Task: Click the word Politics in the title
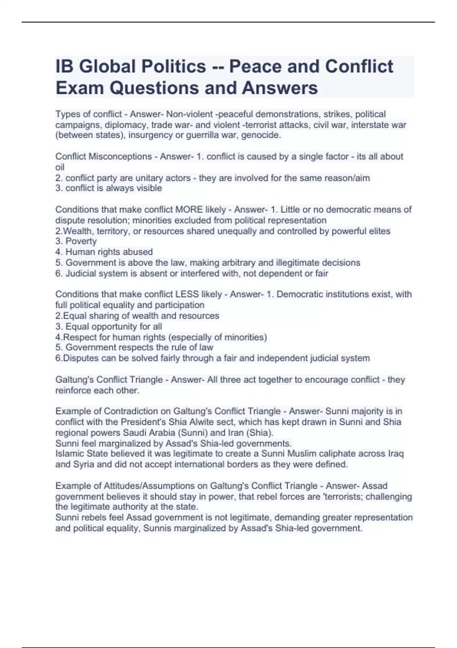[x=174, y=67]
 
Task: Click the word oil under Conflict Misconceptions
[x=60, y=167]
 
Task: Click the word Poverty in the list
[x=81, y=241]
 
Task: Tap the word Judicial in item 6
[x=81, y=273]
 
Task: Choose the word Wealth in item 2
[x=78, y=231]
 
